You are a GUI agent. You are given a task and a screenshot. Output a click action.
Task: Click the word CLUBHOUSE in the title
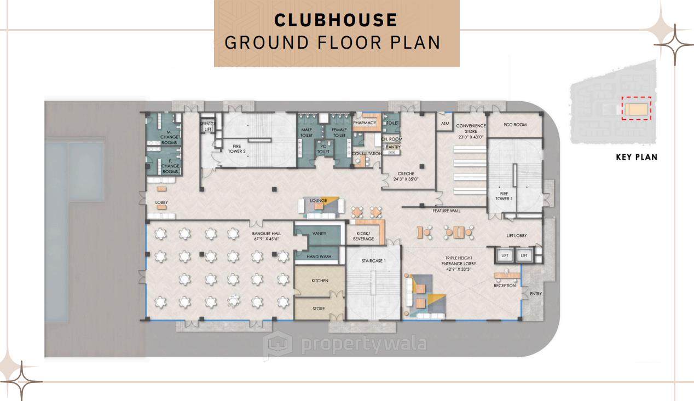pos(336,20)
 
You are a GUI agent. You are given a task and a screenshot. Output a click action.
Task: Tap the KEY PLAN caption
pos(637,157)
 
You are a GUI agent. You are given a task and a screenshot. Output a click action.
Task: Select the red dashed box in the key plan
pos(636,108)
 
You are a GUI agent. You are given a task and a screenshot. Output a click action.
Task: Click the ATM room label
pos(445,124)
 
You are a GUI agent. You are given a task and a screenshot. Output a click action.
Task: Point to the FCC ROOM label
pos(515,125)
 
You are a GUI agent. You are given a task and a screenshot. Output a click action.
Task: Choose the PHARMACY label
pos(365,123)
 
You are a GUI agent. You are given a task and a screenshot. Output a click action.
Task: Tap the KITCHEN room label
pos(320,281)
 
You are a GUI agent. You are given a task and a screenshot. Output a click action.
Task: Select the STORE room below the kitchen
pos(319,309)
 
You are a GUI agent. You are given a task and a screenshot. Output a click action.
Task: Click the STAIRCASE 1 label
pos(374,261)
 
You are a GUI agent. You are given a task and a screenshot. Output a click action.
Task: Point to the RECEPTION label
pos(505,286)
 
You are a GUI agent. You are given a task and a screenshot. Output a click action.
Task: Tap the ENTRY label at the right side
pos(536,294)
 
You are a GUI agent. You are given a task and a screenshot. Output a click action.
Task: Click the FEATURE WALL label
pos(446,211)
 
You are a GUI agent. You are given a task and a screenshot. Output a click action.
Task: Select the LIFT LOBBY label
pos(516,236)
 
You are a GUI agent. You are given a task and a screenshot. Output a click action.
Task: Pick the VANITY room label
pos(319,234)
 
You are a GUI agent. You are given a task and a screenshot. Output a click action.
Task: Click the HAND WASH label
pos(320,257)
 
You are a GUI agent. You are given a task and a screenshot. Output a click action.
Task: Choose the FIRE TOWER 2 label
pos(236,149)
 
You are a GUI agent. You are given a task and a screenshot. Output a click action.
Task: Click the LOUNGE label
pos(318,201)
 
